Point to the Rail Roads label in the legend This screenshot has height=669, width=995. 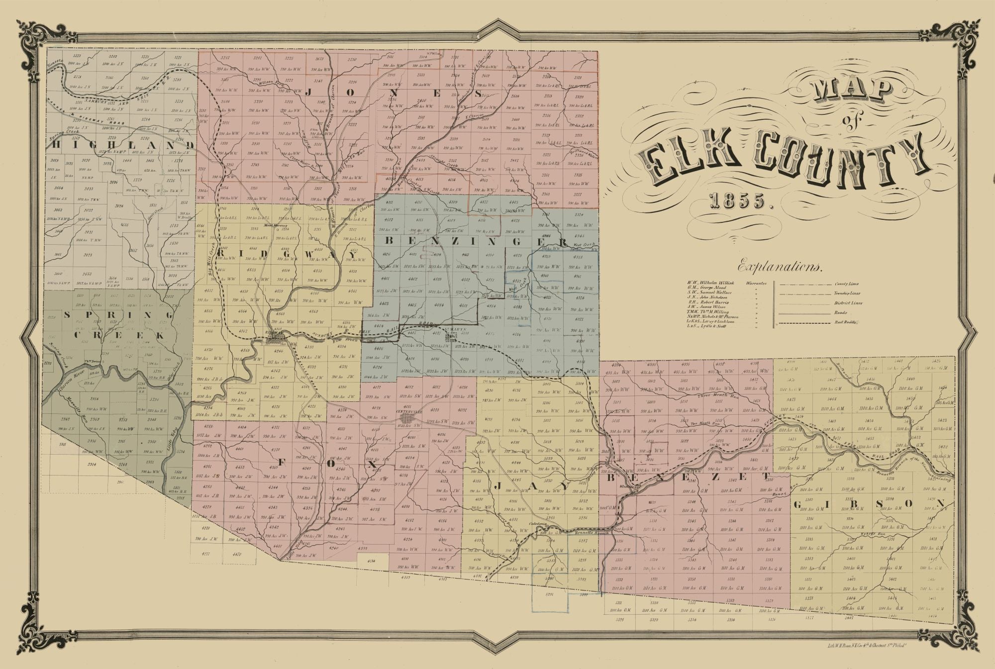pos(846,322)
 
